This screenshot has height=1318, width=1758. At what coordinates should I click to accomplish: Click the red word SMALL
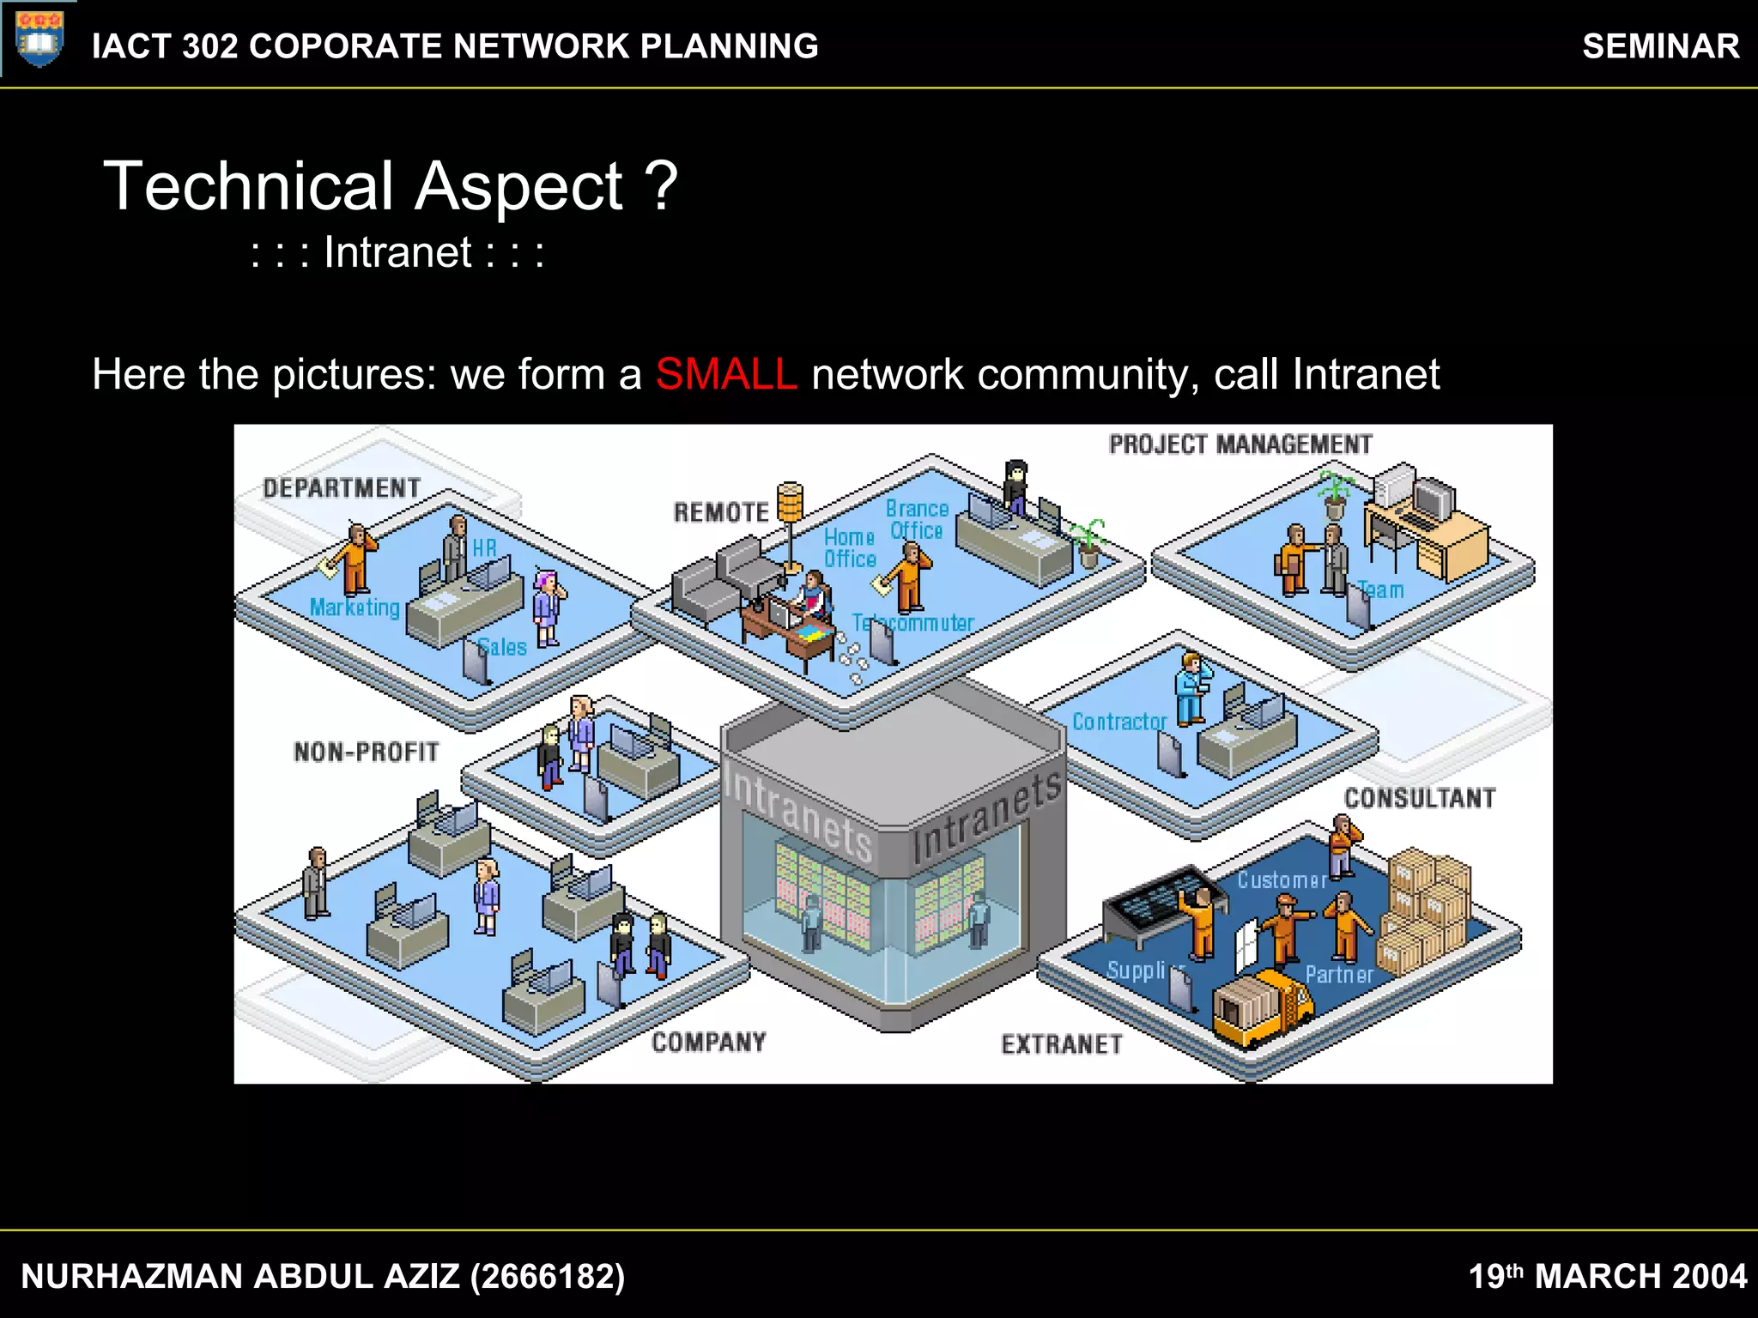tap(726, 375)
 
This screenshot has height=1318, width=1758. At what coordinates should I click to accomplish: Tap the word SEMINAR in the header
tap(1660, 46)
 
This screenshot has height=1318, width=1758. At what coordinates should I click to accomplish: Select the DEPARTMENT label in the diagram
tap(342, 488)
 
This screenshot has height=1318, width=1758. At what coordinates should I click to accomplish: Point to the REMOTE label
tap(721, 512)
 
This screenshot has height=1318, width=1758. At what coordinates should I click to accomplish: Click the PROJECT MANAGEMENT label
tap(1240, 444)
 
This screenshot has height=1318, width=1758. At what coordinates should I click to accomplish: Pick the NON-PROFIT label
tap(367, 753)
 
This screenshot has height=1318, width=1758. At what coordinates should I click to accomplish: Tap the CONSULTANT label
tap(1419, 798)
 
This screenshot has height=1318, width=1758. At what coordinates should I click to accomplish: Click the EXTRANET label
tap(1062, 1044)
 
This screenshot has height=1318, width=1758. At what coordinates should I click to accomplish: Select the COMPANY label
tap(708, 1042)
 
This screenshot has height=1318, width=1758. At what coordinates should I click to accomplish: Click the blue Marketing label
tap(355, 608)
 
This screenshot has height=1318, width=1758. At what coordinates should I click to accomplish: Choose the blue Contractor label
tap(1119, 722)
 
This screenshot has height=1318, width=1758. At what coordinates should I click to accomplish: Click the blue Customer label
tap(1282, 880)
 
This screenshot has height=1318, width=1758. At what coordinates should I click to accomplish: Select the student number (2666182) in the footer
tap(548, 1276)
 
